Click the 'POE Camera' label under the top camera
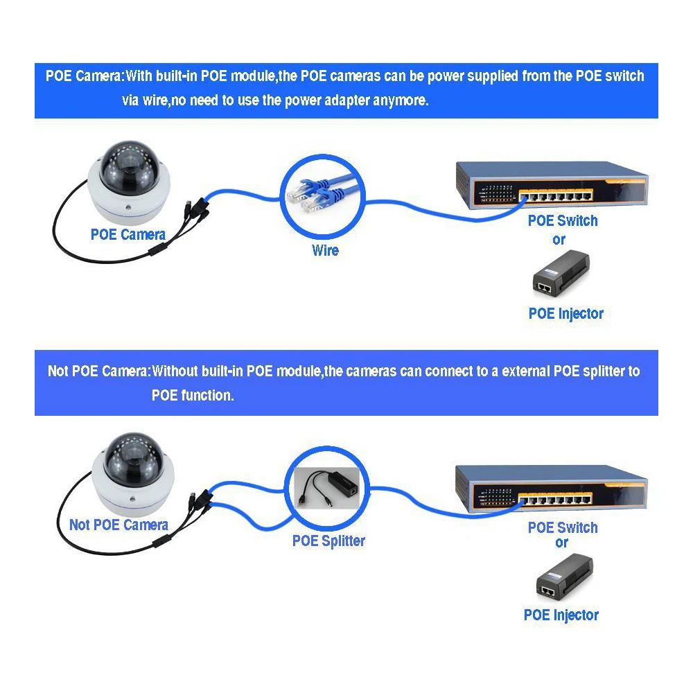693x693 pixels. point(128,235)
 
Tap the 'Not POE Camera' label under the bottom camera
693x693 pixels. point(119,525)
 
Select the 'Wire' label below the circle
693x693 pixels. point(325,249)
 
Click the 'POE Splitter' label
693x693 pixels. point(328,541)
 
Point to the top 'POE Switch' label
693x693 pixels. point(562,221)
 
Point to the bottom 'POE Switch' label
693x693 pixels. point(562,527)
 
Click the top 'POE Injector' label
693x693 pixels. point(565,313)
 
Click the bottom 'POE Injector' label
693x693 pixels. point(561,614)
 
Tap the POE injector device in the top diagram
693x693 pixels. point(561,274)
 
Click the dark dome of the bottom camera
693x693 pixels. point(125,459)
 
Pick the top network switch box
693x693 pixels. point(551,184)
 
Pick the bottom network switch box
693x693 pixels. point(551,489)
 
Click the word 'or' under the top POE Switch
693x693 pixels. point(559,240)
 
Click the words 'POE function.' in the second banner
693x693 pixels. point(193,395)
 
